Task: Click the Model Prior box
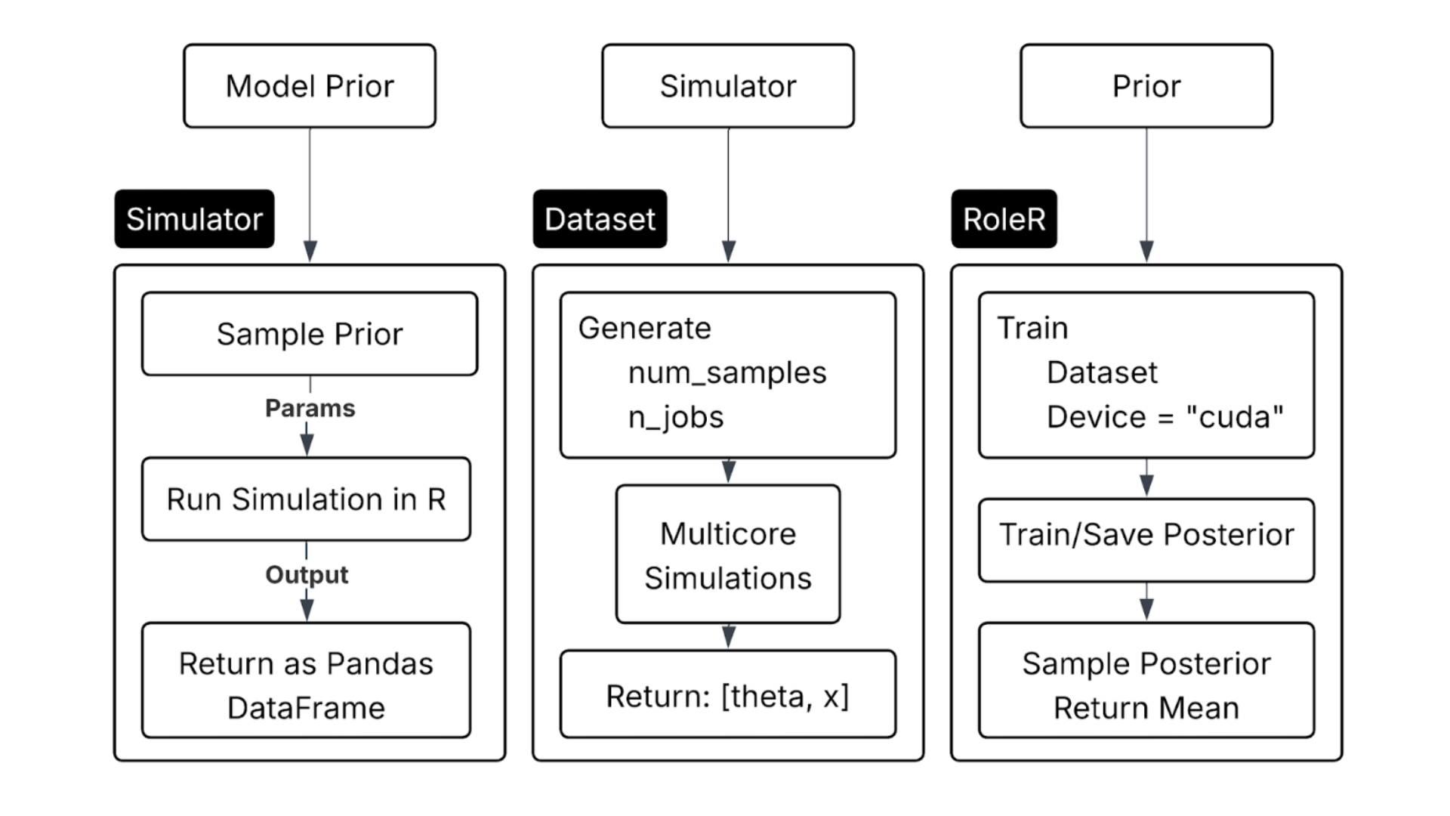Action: click(x=310, y=86)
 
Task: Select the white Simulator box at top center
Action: click(x=728, y=86)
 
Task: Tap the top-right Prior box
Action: click(x=1146, y=86)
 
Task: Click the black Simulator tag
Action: click(x=194, y=219)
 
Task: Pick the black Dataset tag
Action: click(x=600, y=219)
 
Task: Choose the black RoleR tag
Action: click(x=1004, y=219)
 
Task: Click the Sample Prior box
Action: click(x=310, y=334)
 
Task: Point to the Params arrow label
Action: click(x=310, y=408)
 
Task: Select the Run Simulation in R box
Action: click(x=306, y=499)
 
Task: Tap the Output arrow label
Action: click(x=307, y=574)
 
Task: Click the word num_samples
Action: click(x=727, y=372)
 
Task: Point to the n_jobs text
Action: click(x=676, y=417)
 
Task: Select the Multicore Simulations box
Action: click(x=728, y=555)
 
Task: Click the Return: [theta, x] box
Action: click(x=728, y=695)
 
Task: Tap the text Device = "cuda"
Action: click(x=1165, y=417)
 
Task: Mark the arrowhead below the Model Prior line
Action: click(x=310, y=251)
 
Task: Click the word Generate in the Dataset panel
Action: click(x=644, y=328)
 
